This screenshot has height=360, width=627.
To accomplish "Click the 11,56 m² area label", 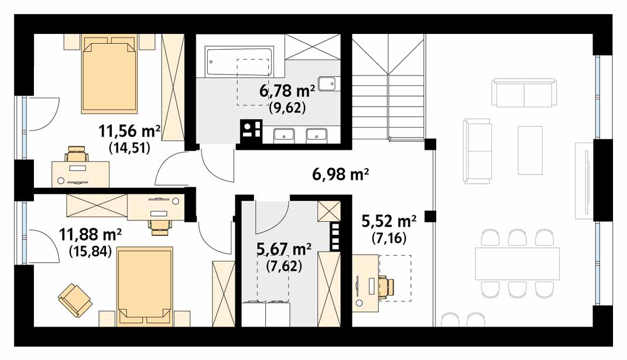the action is pos(130,131).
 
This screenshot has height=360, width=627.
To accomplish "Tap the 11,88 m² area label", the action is pos(90,235).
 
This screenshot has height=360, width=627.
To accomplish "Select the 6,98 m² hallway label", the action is pos(340,174).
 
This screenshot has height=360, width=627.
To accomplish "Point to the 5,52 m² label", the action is pos(389,221).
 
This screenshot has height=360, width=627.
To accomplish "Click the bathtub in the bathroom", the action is pos(239,61).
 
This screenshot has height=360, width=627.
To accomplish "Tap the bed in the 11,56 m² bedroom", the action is pos(109,74).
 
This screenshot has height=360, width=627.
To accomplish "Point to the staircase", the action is pos(388,87).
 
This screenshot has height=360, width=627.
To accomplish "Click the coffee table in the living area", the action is pos(530,150).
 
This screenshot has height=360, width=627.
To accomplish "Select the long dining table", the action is pos(517,263).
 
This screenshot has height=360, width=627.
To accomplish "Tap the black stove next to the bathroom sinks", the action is pos(251,131).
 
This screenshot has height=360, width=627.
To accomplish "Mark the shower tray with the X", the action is pos(313,47).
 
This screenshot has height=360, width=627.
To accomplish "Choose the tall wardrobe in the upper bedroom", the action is pos(173,88).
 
